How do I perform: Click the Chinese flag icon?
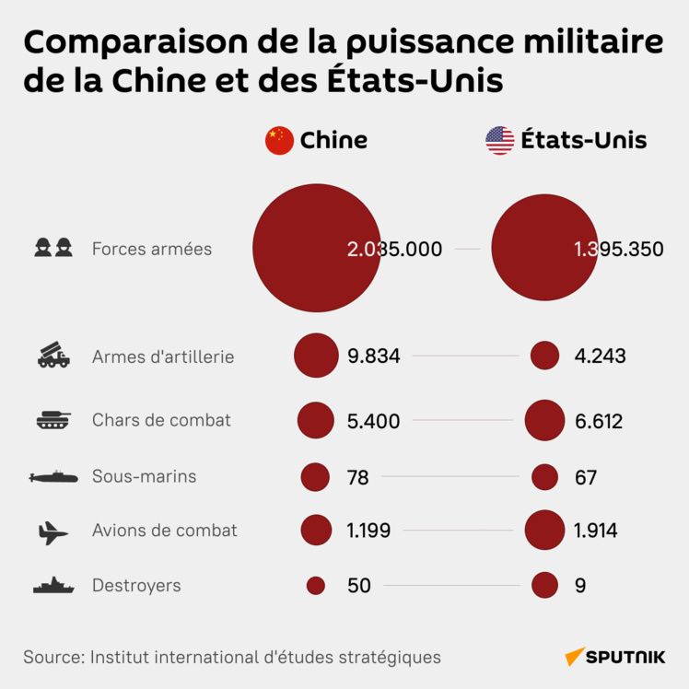click(x=279, y=140)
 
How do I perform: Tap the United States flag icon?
click(x=500, y=140)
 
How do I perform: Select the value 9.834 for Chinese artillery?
click(x=374, y=356)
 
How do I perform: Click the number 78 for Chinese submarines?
click(x=358, y=477)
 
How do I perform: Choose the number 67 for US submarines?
click(x=585, y=477)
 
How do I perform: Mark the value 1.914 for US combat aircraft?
click(x=595, y=531)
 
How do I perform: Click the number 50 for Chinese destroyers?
click(x=359, y=586)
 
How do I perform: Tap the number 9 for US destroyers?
click(x=579, y=586)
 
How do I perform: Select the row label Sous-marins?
click(x=144, y=476)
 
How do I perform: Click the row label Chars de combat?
click(x=161, y=420)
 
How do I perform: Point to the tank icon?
click(x=53, y=421)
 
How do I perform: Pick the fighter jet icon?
click(x=53, y=531)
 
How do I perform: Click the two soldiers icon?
click(x=53, y=248)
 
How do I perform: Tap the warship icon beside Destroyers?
click(x=53, y=586)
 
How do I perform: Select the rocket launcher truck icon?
click(x=53, y=356)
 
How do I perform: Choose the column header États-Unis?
click(x=583, y=140)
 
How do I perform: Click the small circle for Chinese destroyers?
click(x=316, y=586)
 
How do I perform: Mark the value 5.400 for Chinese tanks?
click(x=374, y=422)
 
